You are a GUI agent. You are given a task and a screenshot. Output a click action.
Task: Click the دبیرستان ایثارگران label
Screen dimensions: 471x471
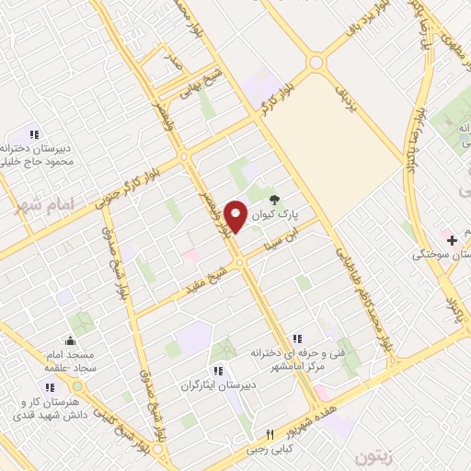pos(216,387)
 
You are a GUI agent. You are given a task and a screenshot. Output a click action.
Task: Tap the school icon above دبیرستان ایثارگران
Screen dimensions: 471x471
pos(217,371)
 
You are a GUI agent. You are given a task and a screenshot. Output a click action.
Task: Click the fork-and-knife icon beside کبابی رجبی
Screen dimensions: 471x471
pos(270,435)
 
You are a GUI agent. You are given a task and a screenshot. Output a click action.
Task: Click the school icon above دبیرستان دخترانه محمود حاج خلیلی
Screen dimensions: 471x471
pos(35,134)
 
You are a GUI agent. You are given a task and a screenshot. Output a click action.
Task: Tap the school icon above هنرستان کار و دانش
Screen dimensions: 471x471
pos(48,388)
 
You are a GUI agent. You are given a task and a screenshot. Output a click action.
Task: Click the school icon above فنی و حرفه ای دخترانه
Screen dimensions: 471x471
pos(296,339)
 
